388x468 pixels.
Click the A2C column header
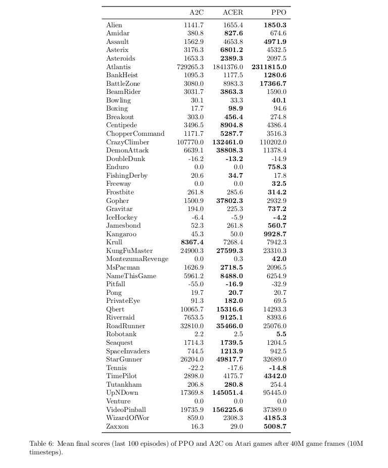click(197, 12)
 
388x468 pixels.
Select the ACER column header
click(232, 12)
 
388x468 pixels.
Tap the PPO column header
click(278, 12)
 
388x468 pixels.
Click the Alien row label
click(114, 25)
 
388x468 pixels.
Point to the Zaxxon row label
click(117, 426)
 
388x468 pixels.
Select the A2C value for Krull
click(192, 242)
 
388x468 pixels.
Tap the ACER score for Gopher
click(230, 200)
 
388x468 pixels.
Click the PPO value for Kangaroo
click(275, 234)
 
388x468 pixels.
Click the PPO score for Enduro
click(277, 167)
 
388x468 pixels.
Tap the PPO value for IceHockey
click(279, 217)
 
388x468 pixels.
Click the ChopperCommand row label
click(135, 134)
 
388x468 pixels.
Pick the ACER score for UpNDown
click(227, 393)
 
